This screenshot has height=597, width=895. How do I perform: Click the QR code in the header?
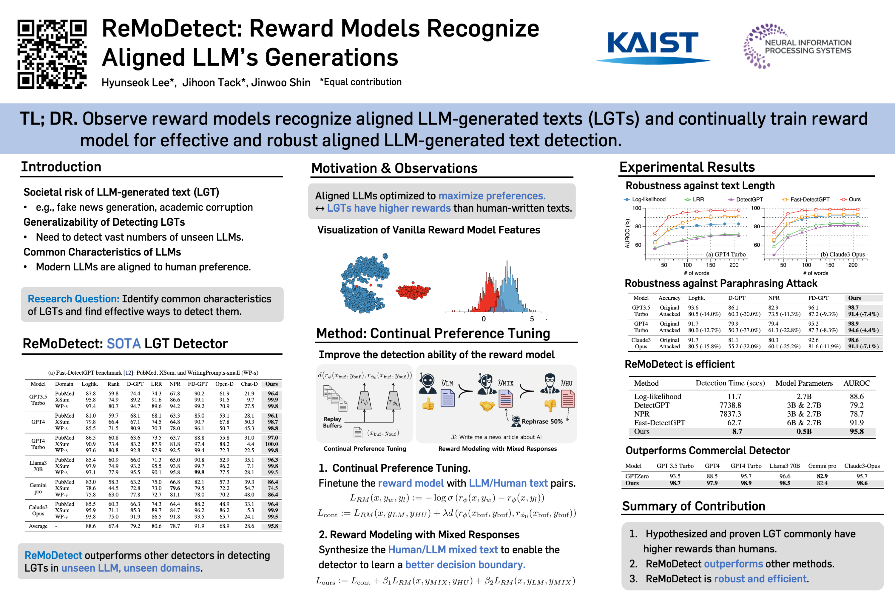(52, 54)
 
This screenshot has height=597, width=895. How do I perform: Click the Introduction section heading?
(61, 167)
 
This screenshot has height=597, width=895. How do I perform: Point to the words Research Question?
(73, 299)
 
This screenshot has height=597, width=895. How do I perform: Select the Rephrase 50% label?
(542, 421)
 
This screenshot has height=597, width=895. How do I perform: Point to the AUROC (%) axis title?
(627, 233)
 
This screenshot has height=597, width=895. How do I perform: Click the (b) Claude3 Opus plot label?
(842, 254)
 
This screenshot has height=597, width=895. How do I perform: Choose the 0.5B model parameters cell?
(804, 431)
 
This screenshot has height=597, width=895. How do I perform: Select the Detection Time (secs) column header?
(730, 383)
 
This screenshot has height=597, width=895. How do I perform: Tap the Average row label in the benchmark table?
(38, 526)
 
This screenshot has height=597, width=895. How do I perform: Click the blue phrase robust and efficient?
(760, 579)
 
